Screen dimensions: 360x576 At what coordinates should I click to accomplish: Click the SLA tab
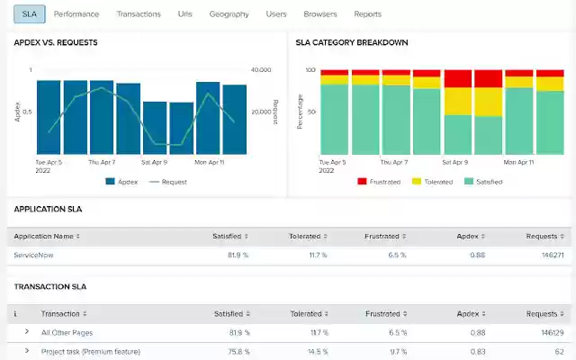coord(30,14)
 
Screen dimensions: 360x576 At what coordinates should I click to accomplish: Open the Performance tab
coord(76,14)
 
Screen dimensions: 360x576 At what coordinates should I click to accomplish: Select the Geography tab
coord(229,14)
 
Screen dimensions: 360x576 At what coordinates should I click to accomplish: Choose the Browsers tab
coord(320,14)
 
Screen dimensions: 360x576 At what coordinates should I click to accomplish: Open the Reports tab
coord(367,14)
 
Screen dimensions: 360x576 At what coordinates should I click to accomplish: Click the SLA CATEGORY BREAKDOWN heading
coord(352,42)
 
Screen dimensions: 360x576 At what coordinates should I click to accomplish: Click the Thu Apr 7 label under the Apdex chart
coord(103,163)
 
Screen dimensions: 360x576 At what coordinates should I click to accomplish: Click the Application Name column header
coord(46,236)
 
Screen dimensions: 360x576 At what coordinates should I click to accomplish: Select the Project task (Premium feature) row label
coord(90,351)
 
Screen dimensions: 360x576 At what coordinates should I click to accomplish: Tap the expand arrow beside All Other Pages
coord(26,332)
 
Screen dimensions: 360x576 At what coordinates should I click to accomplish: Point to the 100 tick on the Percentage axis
coord(310,69)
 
